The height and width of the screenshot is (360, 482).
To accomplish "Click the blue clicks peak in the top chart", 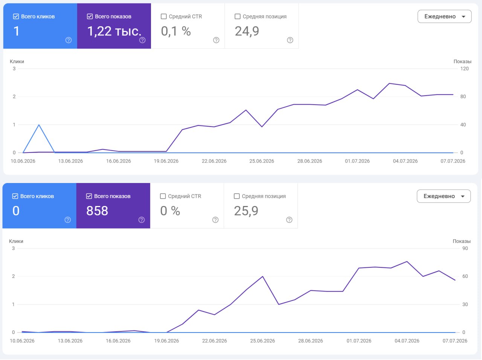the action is (39, 125).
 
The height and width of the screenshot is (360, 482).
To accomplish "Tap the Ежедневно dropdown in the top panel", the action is (444, 17).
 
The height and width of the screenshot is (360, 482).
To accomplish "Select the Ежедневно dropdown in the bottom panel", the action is (443, 196).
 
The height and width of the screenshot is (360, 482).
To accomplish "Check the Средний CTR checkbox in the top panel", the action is (163, 17).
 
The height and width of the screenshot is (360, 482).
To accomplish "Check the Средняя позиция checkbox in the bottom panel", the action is (236, 196).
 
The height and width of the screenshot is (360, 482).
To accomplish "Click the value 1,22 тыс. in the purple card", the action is (114, 31).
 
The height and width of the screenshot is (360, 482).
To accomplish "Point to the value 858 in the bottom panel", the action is (97, 211).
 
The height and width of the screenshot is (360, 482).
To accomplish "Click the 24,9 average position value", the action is (247, 31).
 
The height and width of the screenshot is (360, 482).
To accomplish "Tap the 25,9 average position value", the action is (246, 211).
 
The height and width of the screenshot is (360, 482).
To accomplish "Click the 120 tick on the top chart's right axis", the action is (464, 69).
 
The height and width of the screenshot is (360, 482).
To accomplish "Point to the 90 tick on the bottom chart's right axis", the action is (465, 248).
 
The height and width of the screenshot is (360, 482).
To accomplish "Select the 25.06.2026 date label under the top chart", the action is (262, 161).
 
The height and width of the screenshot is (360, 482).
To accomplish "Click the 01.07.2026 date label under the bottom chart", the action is (359, 341).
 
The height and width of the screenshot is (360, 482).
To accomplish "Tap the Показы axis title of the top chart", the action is (462, 61).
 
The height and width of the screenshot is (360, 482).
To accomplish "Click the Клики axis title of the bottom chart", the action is (16, 241).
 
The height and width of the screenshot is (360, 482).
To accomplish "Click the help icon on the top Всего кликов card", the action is (69, 40).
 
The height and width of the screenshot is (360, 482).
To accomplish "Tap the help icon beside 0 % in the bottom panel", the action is (215, 220).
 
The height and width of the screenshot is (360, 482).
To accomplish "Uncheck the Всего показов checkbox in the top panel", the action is (90, 17).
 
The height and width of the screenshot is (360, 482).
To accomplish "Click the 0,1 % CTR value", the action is (176, 31).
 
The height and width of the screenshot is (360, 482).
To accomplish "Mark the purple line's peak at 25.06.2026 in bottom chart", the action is (262, 276).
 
